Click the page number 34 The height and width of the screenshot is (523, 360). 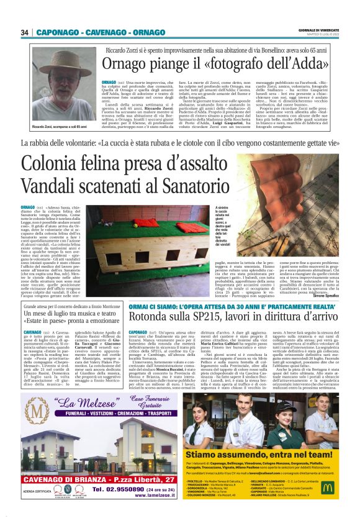click(25, 32)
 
